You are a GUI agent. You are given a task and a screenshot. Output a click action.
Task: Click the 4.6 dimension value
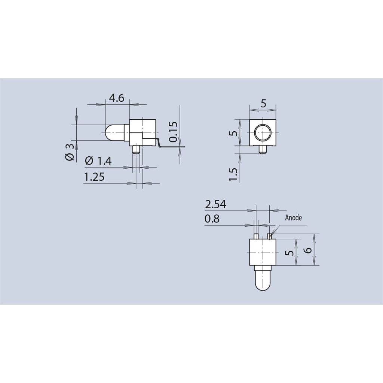pos(117,98)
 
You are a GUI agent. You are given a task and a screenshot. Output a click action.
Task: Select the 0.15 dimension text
pos(174,132)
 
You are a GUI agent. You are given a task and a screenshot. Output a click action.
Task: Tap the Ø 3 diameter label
pos(70,152)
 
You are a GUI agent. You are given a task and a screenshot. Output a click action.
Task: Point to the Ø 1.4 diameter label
pos(98,161)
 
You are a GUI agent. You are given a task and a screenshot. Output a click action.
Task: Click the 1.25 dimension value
pos(94,177)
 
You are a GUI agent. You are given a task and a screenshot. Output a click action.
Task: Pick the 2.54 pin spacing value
pos(215,205)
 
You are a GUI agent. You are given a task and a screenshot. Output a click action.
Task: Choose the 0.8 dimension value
pos(212,219)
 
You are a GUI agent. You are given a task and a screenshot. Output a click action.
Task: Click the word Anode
pos(293,218)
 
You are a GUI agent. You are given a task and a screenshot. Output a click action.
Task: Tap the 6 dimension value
pos(309,249)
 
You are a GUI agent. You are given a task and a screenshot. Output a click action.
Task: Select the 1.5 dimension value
pos(233,174)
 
